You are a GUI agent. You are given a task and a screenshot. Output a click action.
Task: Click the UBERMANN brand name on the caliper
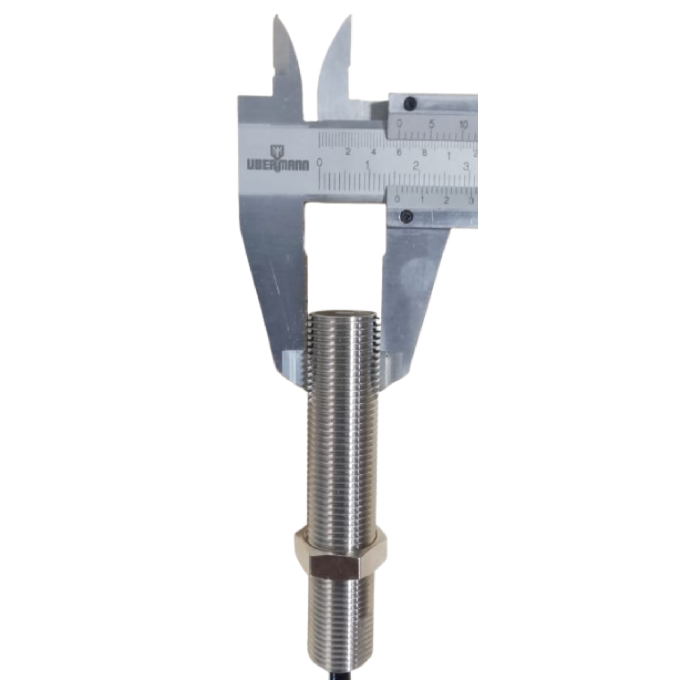(277, 165)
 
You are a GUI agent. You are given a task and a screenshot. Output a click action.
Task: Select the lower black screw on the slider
(407, 216)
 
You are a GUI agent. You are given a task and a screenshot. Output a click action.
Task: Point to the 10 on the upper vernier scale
(464, 125)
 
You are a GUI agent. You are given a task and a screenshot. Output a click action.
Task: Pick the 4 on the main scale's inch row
(373, 152)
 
